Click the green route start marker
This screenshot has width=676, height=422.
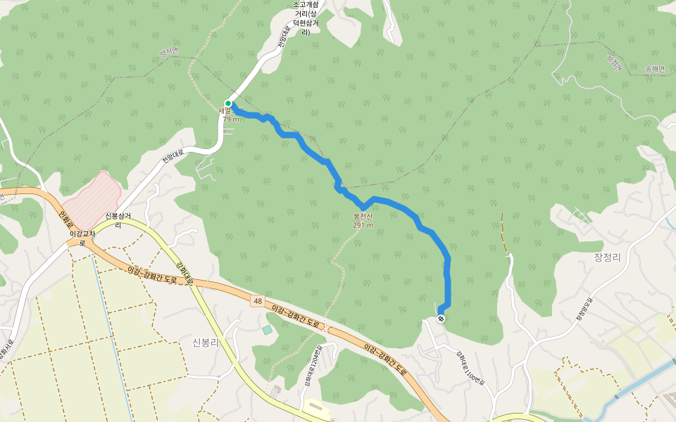tap(228, 103)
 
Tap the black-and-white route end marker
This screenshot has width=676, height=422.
tap(441, 319)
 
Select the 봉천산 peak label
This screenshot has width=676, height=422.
tap(363, 217)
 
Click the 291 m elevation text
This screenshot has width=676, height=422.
tap(363, 225)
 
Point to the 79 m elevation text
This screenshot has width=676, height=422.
tap(231, 120)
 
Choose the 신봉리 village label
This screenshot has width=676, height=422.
tap(206, 343)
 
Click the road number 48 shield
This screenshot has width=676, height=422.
tap(258, 300)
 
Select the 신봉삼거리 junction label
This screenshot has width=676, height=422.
tap(118, 220)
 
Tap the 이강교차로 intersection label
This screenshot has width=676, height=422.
tap(82, 238)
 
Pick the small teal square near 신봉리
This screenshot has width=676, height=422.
tap(267, 329)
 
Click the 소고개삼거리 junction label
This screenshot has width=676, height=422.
tap(306, 18)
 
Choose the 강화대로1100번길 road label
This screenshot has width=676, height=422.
tap(470, 366)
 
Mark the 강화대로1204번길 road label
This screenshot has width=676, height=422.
tap(313, 366)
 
